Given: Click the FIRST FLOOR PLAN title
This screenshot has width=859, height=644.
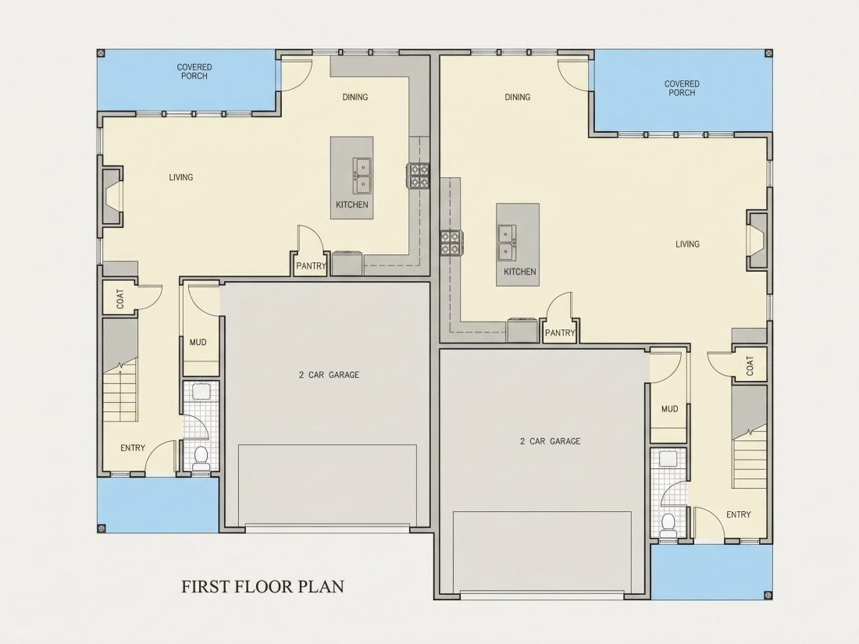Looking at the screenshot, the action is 263,586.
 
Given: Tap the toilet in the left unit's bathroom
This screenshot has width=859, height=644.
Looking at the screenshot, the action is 201,457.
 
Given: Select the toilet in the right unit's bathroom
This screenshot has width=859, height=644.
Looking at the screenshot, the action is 668,524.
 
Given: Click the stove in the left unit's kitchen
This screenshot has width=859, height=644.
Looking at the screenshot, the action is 418,175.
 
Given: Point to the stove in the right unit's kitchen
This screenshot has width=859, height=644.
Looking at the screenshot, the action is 451,243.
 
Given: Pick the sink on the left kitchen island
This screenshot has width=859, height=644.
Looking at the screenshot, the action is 362,176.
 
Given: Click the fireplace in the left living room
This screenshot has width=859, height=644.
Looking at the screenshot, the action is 111,195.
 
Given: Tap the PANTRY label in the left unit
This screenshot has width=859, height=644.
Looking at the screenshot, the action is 311,266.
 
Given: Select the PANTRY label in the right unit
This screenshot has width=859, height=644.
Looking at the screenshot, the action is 560,333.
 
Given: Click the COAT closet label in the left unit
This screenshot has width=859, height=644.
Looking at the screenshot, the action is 120,298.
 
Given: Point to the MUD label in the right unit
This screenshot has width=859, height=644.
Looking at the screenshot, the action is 669,408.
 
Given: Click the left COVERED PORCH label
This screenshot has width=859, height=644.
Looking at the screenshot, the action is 194,72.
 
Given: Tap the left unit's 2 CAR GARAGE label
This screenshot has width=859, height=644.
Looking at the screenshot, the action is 329,375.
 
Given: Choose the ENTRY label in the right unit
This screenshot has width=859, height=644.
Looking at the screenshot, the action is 739,514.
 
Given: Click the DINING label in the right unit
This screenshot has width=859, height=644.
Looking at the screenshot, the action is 518,97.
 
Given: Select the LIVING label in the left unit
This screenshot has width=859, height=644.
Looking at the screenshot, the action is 181,177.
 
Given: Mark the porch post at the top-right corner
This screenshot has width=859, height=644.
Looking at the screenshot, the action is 768,53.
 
